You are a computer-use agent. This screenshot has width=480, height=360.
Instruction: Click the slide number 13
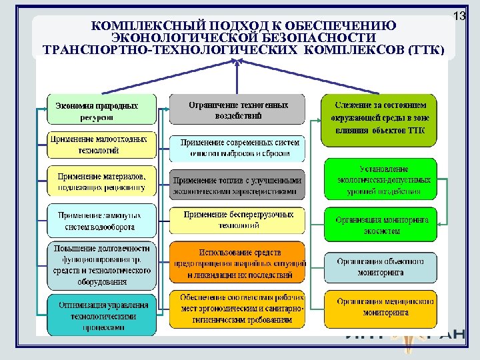pyautogui.click(x=459, y=15)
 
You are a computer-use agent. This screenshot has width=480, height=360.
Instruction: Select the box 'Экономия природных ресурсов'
pyautogui.click(x=102, y=110)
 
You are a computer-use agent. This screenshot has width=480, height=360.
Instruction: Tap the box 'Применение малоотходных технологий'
pyautogui.click(x=102, y=145)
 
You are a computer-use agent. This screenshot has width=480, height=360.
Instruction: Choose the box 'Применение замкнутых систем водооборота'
pyautogui.click(x=102, y=221)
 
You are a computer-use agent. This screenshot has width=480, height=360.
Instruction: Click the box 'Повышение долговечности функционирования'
pyautogui.click(x=102, y=265)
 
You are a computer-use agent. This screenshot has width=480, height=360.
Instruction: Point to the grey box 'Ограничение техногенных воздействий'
pyautogui.click(x=238, y=110)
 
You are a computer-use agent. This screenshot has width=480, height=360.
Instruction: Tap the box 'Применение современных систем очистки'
pyautogui.click(x=238, y=148)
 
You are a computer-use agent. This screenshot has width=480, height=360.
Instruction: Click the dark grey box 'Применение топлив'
pyautogui.click(x=238, y=185)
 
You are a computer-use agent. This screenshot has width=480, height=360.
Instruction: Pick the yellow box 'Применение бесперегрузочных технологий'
pyautogui.click(x=238, y=220)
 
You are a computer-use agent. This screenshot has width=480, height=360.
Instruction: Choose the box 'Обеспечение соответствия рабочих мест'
pyautogui.click(x=238, y=309)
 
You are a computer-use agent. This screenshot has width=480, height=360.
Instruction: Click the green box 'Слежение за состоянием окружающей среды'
pyautogui.click(x=379, y=121)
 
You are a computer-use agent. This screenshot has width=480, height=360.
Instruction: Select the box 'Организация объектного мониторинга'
pyautogui.click(x=379, y=267)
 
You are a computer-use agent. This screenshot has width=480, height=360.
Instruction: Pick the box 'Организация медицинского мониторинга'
pyautogui.click(x=379, y=307)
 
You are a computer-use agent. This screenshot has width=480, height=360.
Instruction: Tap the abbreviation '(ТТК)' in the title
pyautogui.click(x=423, y=50)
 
